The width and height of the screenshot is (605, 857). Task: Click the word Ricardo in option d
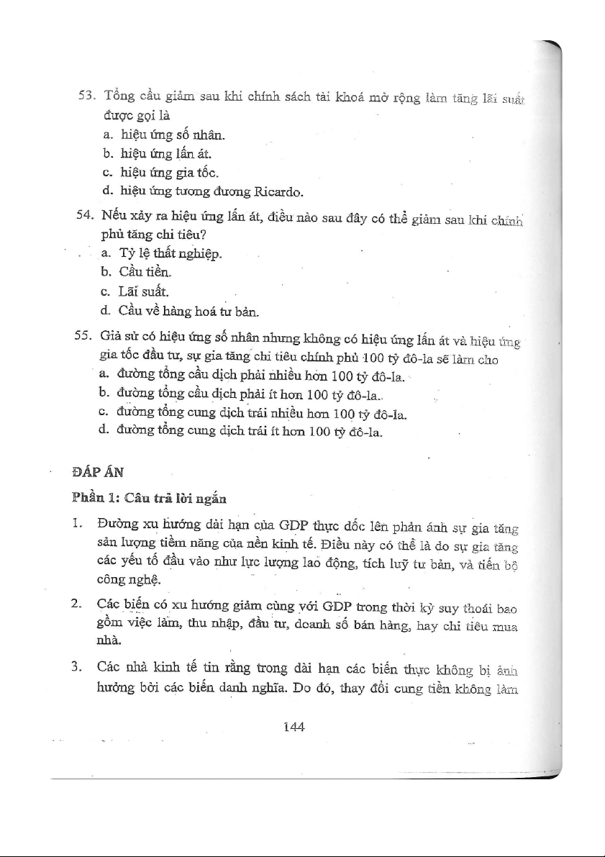[x=277, y=192]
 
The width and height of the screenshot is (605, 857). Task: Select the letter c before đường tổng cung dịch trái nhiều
[x=105, y=414]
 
